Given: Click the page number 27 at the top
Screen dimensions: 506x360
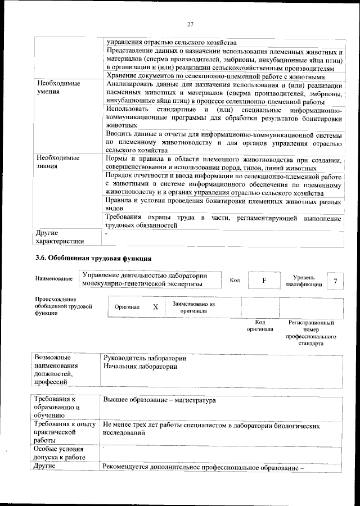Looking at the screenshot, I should pyautogui.click(x=190, y=24).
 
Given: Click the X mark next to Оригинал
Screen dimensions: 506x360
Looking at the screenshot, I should pyautogui.click(x=155, y=308).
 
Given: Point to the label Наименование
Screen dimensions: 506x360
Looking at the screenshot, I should pyautogui.click(x=53, y=279).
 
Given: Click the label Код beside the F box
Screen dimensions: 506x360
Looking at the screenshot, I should pyautogui.click(x=236, y=279).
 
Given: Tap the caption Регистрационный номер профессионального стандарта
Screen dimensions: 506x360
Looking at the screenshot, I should pyautogui.click(x=312, y=333).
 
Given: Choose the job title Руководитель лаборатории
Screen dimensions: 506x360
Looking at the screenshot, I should pyautogui.click(x=145, y=358).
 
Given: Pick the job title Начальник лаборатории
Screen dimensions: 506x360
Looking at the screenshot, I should pyautogui.click(x=141, y=367).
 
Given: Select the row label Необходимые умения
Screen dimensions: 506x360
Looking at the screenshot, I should pyautogui.click(x=57, y=87).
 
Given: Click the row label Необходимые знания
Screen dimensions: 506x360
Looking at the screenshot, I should pyautogui.click(x=57, y=162).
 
